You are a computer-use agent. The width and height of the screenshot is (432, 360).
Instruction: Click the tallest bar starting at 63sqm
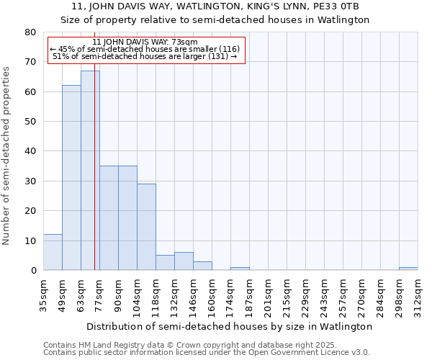click(90, 171)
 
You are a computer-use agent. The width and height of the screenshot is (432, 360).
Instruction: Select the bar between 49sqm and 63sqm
click(71, 178)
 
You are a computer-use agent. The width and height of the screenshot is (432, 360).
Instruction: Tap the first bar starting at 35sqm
click(53, 252)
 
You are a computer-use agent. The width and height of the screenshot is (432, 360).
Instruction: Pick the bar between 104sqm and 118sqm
click(146, 227)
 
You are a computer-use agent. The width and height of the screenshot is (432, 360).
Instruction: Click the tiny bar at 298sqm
click(408, 269)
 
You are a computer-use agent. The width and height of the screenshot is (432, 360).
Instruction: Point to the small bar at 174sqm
click(240, 269)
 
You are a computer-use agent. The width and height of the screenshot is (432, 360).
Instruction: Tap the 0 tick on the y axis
click(33, 270)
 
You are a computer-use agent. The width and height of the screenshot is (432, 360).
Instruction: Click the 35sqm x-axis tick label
click(44, 295)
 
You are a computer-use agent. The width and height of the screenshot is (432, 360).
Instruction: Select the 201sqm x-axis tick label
click(269, 295)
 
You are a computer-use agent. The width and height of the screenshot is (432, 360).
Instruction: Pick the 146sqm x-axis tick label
click(194, 295)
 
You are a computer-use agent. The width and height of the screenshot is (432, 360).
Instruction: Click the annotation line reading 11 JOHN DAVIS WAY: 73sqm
click(145, 42)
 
